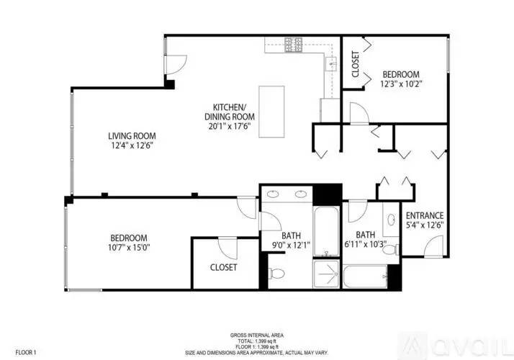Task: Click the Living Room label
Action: pyautogui.click(x=132, y=136)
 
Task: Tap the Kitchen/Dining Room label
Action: pyautogui.click(x=230, y=112)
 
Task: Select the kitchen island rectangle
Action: pyautogui.click(x=271, y=112)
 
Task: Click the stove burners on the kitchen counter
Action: pyautogui.click(x=294, y=45)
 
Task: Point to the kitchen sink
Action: pyautogui.click(x=331, y=63)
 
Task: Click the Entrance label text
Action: pyautogui.click(x=425, y=216)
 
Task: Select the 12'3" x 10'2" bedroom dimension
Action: pyautogui.click(x=401, y=84)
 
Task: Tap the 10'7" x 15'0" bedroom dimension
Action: pyautogui.click(x=129, y=247)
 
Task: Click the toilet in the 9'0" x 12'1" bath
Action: pyautogui.click(x=276, y=273)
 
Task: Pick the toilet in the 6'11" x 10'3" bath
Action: pyautogui.click(x=391, y=250)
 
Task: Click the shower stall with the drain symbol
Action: pyautogui.click(x=326, y=274)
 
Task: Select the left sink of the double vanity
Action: pyautogui.click(x=273, y=194)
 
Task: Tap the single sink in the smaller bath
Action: pyautogui.click(x=391, y=220)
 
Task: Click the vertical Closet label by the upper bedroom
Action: pyautogui.click(x=355, y=64)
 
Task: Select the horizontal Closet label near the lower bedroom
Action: pyautogui.click(x=224, y=268)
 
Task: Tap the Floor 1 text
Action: pyautogui.click(x=26, y=353)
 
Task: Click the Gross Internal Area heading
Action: pyautogui.click(x=257, y=336)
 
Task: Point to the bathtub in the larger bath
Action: pyautogui.click(x=326, y=231)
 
